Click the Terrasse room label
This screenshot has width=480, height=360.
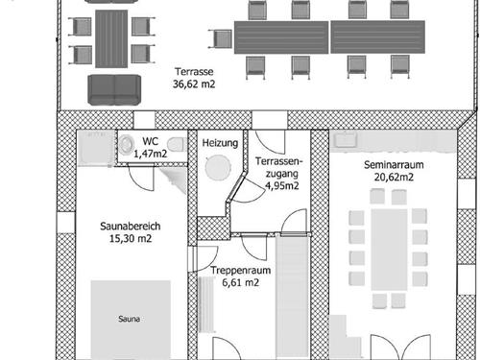[194, 71]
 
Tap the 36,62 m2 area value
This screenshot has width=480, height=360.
[194, 84]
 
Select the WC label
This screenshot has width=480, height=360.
[151, 141]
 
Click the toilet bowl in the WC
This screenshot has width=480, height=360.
[176, 145]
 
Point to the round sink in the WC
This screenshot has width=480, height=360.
[127, 145]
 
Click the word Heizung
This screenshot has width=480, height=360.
[220, 143]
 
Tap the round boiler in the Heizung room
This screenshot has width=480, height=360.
[218, 167]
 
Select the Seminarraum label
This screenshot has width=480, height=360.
[394, 165]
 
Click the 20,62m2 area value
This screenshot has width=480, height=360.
[394, 177]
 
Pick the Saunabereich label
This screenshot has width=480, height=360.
[131, 227]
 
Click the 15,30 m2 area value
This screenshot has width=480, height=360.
[131, 238]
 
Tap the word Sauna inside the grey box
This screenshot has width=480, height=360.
[129, 319]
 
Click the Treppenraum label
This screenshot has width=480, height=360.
[241, 271]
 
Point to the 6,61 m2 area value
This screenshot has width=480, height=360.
[241, 282]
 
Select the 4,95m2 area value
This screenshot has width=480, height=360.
[282, 185]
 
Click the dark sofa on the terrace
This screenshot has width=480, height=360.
[114, 90]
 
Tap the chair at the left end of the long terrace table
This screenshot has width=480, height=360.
[221, 38]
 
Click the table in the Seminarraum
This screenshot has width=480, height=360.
[389, 250]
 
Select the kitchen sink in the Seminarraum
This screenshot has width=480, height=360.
[346, 139]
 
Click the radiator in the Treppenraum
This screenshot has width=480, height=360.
[206, 304]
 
